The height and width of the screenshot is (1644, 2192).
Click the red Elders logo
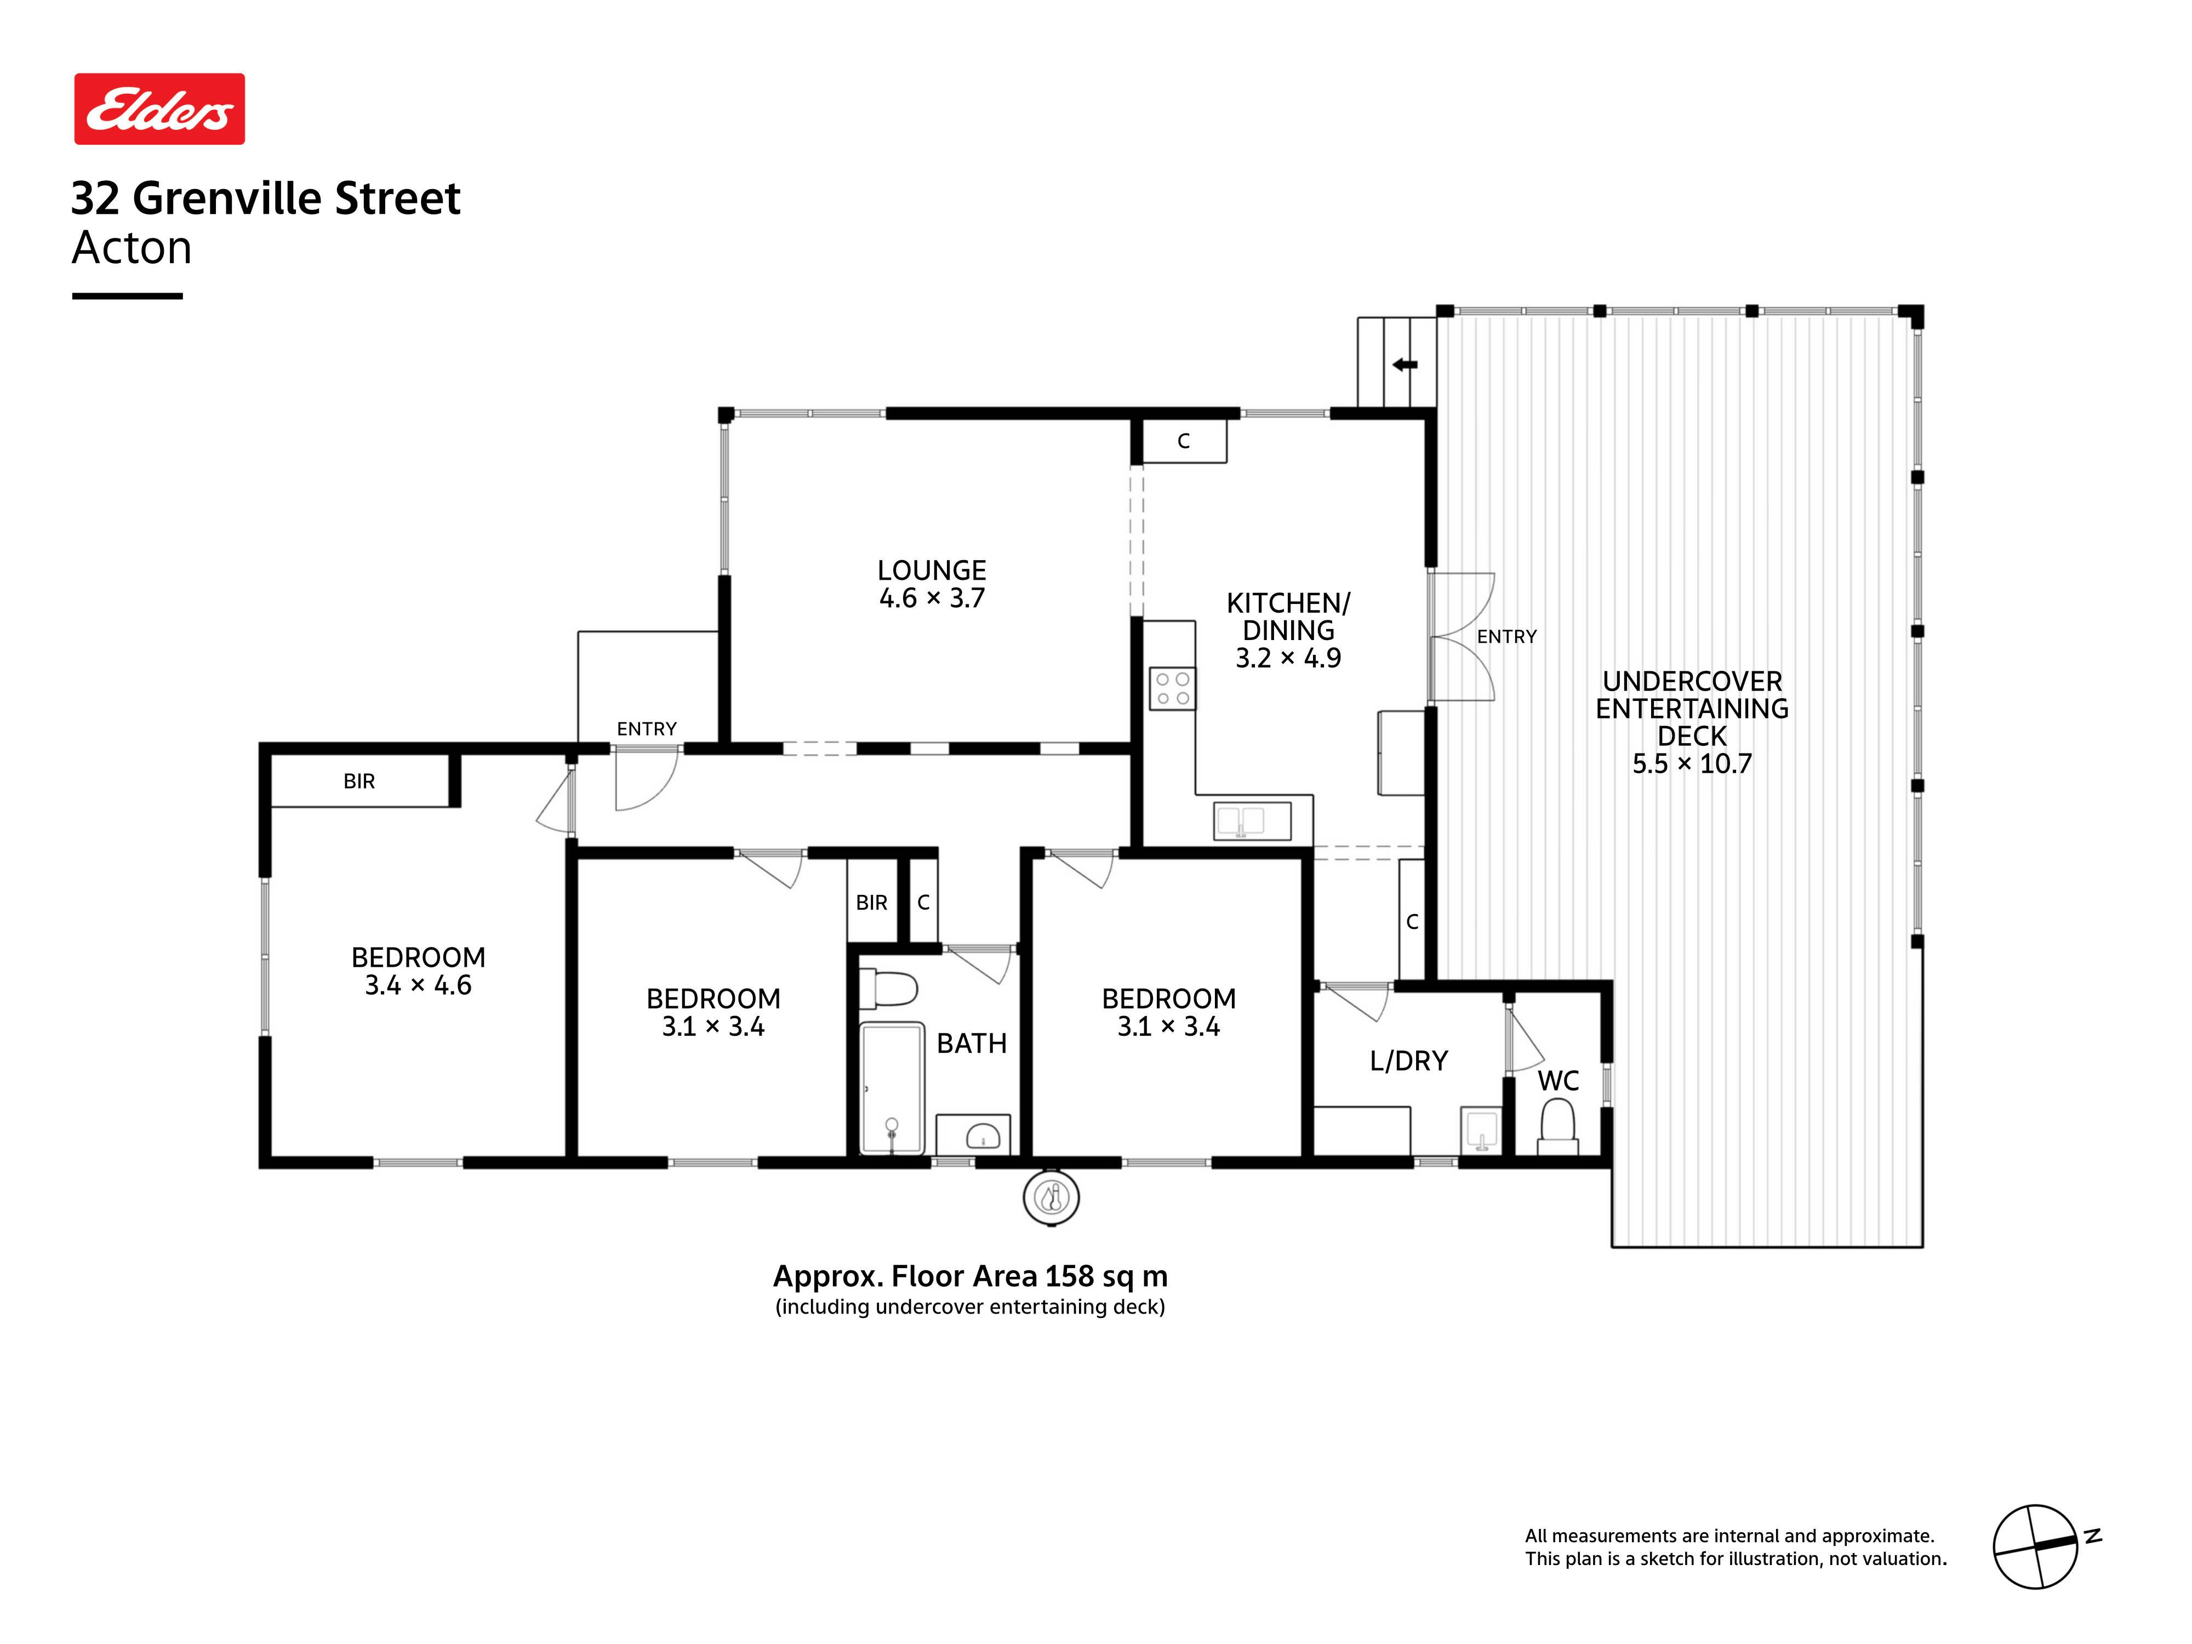159,109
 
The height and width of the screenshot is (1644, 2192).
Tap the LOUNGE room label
932,571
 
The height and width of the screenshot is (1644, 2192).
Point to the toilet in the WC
1558,1128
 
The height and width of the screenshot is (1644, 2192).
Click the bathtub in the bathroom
892,1089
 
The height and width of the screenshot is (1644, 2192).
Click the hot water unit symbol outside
1051,1198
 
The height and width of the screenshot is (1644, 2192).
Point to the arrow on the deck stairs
1404,364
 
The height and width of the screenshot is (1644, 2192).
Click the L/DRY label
1408,1061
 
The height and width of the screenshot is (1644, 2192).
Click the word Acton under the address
132,248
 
